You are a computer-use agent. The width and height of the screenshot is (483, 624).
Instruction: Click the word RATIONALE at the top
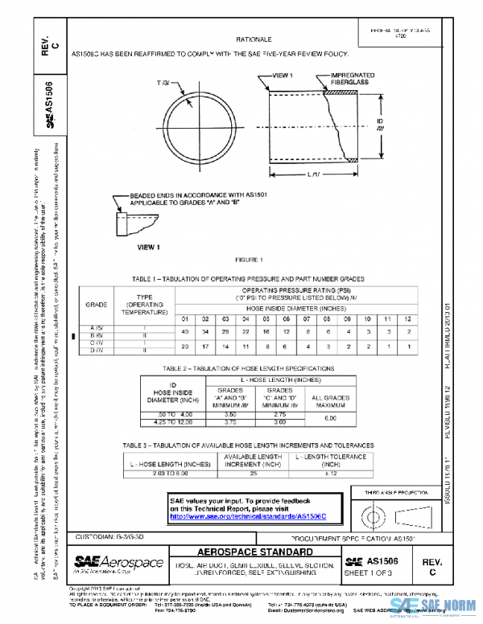[254, 39]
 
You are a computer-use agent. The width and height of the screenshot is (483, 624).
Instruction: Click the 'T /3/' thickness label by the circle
[162, 83]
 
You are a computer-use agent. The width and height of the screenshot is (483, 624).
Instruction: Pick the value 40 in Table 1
[185, 331]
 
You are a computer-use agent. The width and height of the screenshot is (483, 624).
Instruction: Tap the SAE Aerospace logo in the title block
[118, 562]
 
